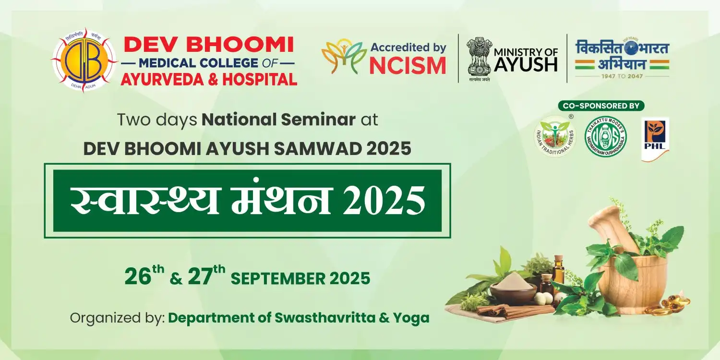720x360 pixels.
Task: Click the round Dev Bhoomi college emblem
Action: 84,60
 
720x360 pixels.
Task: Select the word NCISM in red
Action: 408,65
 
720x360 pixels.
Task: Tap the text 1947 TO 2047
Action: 622,76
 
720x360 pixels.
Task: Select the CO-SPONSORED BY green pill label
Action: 601,106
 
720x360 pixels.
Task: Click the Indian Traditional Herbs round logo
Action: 555,137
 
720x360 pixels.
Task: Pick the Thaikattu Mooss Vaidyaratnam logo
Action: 605,136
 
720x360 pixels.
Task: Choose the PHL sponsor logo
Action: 655,139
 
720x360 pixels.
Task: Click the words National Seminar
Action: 278,120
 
